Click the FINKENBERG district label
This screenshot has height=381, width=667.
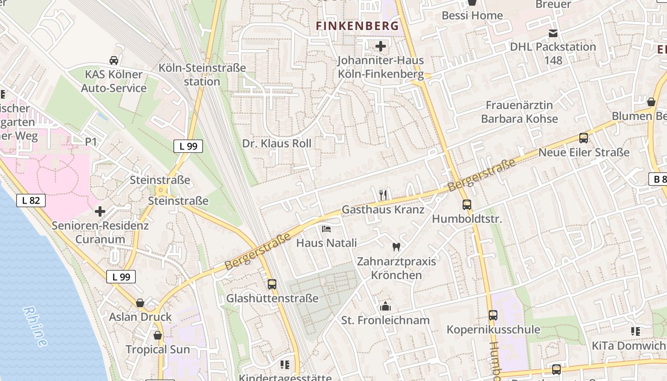point(357,26)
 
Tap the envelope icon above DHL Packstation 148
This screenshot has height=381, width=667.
point(553,33)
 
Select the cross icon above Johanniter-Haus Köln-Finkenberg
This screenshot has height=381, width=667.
point(381,46)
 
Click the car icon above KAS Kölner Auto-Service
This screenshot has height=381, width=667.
point(114,60)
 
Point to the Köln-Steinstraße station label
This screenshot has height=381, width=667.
point(202,74)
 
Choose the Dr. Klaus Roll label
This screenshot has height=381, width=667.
point(276,143)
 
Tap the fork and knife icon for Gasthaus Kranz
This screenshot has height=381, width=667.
point(383,195)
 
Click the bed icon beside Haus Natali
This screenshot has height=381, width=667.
point(326,229)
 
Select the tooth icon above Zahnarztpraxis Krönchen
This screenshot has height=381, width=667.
point(395,247)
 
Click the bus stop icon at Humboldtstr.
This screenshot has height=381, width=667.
point(467,205)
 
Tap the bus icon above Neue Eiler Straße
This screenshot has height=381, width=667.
point(584,138)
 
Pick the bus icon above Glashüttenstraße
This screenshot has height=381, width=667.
point(272,284)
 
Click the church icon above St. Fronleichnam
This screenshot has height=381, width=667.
point(385,306)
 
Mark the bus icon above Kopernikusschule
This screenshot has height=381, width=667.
point(493,315)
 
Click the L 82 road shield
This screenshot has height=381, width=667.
point(31,201)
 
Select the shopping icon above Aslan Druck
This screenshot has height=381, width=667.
point(140,303)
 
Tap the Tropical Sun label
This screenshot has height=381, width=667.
point(158,349)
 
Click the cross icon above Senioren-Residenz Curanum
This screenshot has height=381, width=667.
point(100,211)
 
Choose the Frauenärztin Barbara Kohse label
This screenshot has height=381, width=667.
point(519,111)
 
